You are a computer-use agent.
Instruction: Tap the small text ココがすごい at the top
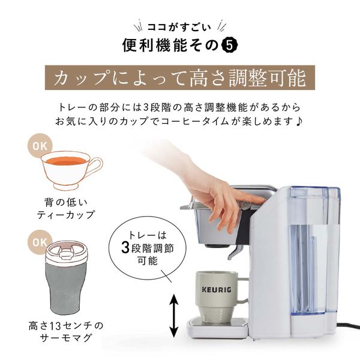tap(179, 26)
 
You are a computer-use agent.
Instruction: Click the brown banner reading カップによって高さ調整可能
tap(180, 78)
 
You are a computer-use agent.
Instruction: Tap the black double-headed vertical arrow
tap(173, 315)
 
